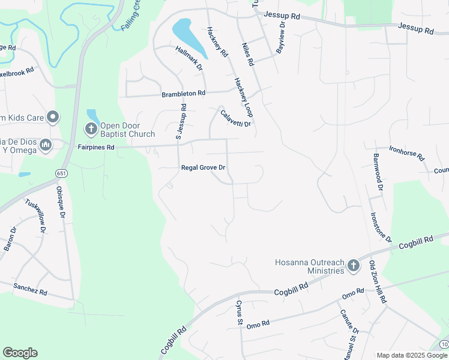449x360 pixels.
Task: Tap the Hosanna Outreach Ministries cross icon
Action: coord(354,265)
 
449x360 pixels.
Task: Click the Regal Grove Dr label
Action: coord(203,168)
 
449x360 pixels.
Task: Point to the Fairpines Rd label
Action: coord(95,146)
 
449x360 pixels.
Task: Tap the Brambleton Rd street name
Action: coord(183,94)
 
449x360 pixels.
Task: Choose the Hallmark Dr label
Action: coord(189,58)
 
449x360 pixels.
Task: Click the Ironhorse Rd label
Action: coord(406,153)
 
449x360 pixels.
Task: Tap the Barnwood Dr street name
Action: coord(378,170)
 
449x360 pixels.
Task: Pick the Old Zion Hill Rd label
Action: coord(378,282)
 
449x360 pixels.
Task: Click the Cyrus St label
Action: coord(238,313)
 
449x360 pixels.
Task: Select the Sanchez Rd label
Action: coord(30,289)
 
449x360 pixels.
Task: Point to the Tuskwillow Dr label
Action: coord(35,215)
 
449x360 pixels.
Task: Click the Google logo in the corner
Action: coord(20,353)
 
